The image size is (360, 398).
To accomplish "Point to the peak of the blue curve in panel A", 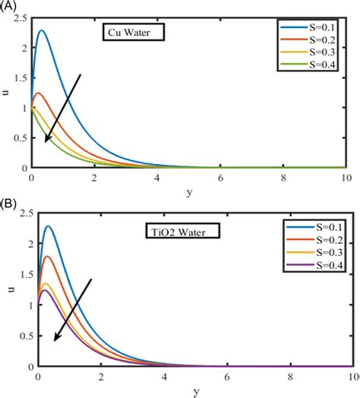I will coord(41,30).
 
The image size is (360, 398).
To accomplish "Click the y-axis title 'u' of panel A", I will coord(6,93).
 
